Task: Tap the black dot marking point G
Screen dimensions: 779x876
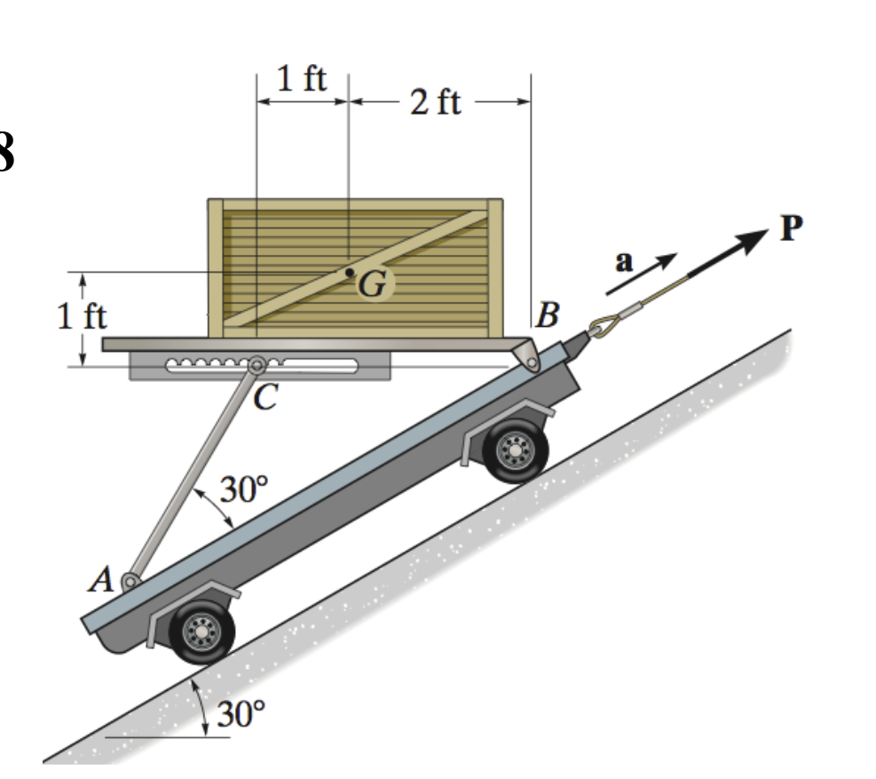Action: coord(350,272)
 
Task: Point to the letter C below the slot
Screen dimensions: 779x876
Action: coord(262,399)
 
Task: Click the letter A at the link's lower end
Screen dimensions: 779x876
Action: coord(104,580)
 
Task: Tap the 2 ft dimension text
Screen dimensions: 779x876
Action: coord(436,102)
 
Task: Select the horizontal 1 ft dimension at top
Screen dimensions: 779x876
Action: coord(301,80)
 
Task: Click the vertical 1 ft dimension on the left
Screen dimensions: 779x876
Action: coord(83,317)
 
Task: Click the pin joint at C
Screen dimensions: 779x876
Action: coord(257,365)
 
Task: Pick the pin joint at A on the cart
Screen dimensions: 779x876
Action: coord(130,582)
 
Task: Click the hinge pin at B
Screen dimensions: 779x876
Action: coord(530,359)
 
